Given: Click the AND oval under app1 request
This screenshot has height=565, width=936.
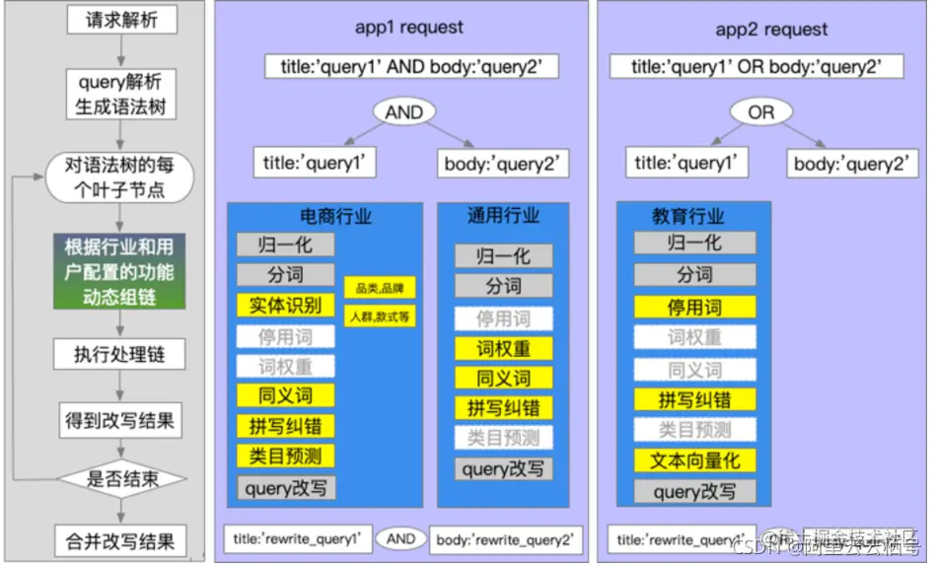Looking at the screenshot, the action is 403,113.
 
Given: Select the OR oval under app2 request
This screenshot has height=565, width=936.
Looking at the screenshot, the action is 760,113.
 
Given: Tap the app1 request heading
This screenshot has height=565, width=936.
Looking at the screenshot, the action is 408,28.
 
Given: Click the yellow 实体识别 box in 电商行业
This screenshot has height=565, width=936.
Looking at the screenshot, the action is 286,306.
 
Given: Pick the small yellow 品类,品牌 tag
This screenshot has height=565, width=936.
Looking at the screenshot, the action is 380,288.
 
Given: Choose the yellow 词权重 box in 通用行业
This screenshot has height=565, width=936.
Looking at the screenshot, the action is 503,348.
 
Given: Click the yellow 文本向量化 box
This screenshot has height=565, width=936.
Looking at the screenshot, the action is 695,459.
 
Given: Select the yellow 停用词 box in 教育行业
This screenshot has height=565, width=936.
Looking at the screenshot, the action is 695,306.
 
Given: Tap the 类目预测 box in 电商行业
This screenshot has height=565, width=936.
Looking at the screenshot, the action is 286,456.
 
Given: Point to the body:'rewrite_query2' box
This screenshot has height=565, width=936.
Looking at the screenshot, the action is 505,540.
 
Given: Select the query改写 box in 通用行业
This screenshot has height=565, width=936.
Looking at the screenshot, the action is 503,469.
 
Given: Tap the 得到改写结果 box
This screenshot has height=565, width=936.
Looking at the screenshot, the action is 119,420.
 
